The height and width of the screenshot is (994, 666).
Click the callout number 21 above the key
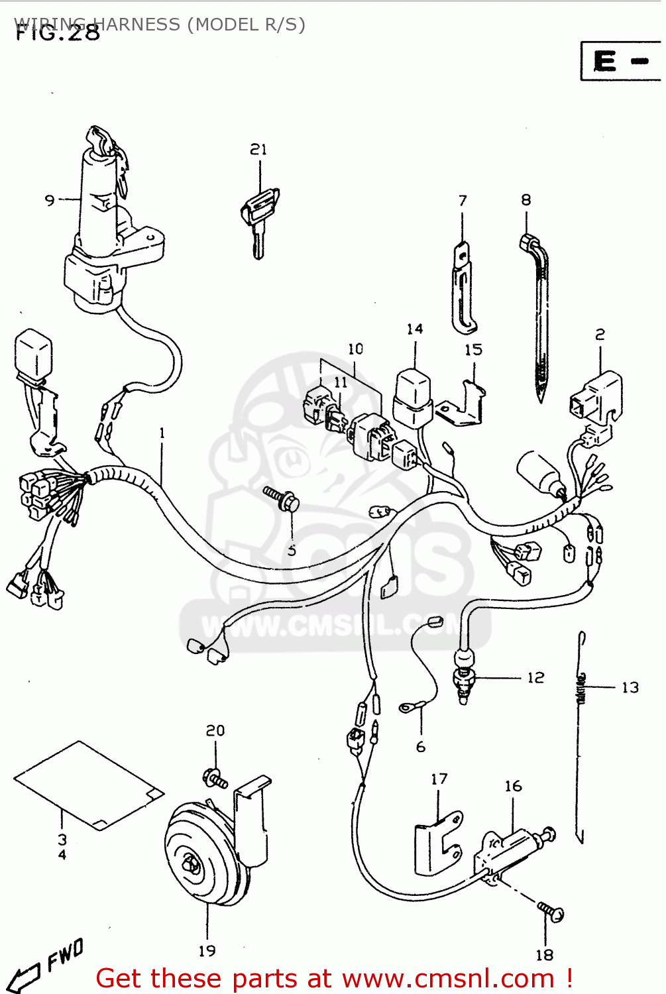click(x=258, y=150)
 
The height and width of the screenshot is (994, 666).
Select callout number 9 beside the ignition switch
click(x=50, y=199)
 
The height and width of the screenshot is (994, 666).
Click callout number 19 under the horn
click(x=207, y=951)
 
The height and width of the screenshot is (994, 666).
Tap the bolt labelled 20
click(x=215, y=779)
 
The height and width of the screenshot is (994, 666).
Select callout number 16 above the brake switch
click(x=513, y=786)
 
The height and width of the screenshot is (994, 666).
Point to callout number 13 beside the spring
click(x=630, y=687)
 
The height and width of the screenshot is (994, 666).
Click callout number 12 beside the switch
click(x=535, y=677)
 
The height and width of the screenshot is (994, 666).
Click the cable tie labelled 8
click(x=538, y=318)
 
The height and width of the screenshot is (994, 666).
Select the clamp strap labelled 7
click(x=464, y=288)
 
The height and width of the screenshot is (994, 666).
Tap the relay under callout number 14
click(x=413, y=398)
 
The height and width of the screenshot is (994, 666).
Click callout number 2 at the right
click(x=600, y=335)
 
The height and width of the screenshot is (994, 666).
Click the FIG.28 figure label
click(x=58, y=33)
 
